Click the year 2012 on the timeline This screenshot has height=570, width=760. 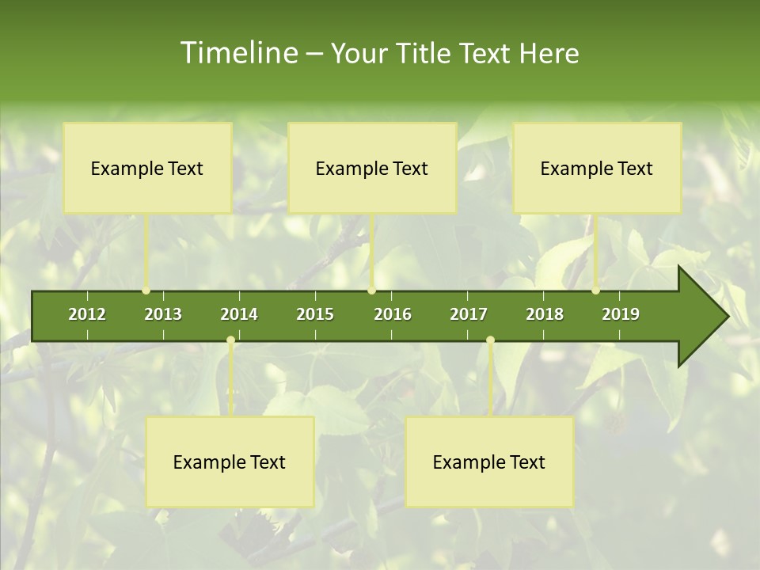tap(87, 314)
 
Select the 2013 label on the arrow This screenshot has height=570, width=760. tap(163, 314)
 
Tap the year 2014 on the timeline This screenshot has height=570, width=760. tap(239, 314)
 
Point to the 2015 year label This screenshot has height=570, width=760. tap(315, 314)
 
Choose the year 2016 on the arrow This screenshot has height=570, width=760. tap(393, 314)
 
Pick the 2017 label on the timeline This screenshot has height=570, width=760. tap(469, 314)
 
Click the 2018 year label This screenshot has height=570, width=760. tap(545, 314)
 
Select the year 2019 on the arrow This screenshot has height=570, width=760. tap(621, 314)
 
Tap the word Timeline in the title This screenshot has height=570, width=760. tap(237, 53)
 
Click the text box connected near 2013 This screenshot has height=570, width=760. tap(147, 168)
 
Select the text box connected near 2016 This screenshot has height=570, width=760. tap(372, 168)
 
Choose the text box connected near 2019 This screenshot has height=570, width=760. tap(597, 168)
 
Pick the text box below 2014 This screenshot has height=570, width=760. tap(230, 462)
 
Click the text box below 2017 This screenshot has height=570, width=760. tap(489, 462)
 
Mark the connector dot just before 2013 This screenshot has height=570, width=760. tap(146, 291)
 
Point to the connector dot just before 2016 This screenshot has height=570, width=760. tap(372, 291)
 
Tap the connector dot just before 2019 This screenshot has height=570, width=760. tap(596, 291)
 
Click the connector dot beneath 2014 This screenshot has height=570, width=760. tap(230, 340)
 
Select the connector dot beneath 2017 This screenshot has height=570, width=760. tap(490, 340)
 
